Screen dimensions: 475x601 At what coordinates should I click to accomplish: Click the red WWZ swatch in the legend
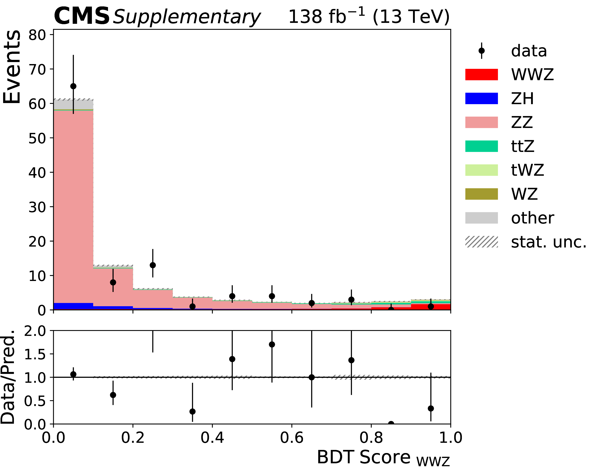481,74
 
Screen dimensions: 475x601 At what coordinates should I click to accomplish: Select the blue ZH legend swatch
481,98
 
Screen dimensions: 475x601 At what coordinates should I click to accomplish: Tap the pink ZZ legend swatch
481,122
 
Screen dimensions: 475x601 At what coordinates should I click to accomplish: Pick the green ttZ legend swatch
481,146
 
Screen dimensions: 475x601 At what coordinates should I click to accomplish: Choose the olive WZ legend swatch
481,194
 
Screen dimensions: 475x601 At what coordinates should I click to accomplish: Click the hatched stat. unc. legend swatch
481,242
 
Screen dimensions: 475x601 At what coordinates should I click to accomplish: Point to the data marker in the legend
481,51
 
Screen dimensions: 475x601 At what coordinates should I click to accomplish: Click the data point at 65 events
73,86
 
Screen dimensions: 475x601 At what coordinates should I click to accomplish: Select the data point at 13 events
153,265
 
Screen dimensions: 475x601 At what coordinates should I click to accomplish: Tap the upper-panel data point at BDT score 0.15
113,282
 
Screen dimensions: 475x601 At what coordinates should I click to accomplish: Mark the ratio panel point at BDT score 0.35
192,411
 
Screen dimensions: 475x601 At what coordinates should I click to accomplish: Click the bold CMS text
81,16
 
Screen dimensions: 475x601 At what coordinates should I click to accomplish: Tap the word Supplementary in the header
187,17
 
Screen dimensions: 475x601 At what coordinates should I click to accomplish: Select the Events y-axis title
12,67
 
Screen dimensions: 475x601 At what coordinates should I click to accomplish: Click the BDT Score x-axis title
383,457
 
